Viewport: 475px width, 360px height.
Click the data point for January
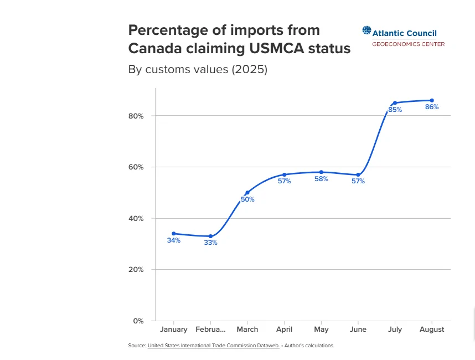[174, 234]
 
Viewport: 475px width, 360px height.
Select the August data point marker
[432, 100]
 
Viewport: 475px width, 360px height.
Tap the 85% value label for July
[395, 110]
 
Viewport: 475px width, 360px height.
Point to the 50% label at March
[247, 199]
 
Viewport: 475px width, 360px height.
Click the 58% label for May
[321, 179]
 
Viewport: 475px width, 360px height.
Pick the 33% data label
[210, 243]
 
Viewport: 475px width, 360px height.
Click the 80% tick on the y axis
[137, 116]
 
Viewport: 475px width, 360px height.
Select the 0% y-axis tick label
[138, 321]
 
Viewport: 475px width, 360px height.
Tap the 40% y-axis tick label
[137, 218]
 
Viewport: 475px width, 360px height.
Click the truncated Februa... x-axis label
[210, 329]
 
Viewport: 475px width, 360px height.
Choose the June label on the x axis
[358, 329]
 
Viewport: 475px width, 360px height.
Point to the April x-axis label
[284, 329]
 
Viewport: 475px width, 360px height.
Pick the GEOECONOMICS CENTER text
[408, 44]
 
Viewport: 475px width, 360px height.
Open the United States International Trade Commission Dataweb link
[213, 346]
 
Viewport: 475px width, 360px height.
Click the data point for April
[285, 174]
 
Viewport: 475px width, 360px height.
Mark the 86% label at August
[432, 107]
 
